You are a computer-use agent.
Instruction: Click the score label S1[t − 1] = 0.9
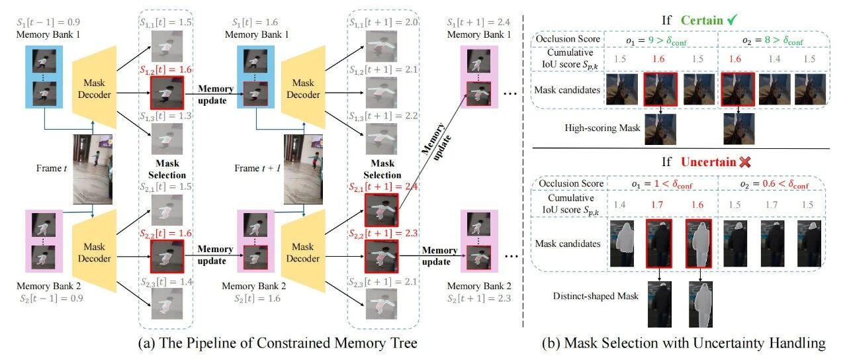tap(48, 22)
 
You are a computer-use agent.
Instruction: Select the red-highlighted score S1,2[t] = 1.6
tap(165, 70)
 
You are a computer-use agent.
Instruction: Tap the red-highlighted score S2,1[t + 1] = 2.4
tap(383, 187)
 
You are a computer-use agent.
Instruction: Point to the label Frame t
tap(52, 168)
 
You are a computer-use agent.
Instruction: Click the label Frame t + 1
tap(257, 168)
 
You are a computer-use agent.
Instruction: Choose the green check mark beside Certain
tap(732, 20)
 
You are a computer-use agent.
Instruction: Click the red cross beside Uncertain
tap(745, 162)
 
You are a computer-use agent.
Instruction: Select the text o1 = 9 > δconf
tap(656, 41)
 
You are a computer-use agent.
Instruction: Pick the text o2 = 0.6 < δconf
tap(774, 184)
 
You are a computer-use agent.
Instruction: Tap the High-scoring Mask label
tap(602, 128)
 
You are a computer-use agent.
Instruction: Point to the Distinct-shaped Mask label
tap(596, 296)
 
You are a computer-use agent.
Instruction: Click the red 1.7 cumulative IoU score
tap(657, 205)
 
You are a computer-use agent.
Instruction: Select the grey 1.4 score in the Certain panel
tap(774, 59)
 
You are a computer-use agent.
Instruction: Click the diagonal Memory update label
tap(437, 141)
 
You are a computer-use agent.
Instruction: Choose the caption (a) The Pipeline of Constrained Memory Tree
tap(278, 343)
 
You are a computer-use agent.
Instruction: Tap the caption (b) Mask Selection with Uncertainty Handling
tap(684, 343)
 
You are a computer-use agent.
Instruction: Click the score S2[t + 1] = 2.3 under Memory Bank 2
tap(478, 298)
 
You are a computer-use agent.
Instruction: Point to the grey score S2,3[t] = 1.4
tap(166, 282)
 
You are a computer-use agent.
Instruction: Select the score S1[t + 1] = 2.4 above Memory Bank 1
tap(478, 22)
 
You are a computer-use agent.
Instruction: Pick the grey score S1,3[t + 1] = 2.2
tap(383, 116)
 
